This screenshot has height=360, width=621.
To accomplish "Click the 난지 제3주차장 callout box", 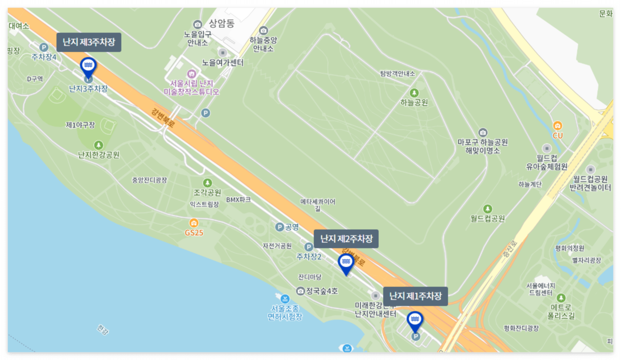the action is [89, 43].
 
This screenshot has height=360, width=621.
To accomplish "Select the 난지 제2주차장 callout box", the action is [346, 239].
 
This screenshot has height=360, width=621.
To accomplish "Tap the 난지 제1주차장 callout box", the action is [415, 296].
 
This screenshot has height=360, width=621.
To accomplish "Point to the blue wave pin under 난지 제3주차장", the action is [88, 66].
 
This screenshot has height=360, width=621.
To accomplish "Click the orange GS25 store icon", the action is [193, 223].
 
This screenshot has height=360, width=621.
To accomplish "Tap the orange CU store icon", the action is [558, 125].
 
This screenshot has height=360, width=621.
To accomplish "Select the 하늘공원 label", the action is [414, 102].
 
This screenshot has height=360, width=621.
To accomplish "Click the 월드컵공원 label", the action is [487, 219].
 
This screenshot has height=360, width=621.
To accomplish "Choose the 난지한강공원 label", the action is [99, 155].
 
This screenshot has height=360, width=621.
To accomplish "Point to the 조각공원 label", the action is [207, 192].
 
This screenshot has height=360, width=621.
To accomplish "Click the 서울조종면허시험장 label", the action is [285, 312].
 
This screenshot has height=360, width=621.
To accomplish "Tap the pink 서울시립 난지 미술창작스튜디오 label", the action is [191, 88].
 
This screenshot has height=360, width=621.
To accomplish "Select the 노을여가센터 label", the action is [222, 63].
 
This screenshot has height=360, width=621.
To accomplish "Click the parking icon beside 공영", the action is [279, 227].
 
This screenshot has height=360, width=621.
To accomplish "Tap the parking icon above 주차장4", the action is [44, 48].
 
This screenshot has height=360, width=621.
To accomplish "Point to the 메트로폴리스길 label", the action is [561, 311].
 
